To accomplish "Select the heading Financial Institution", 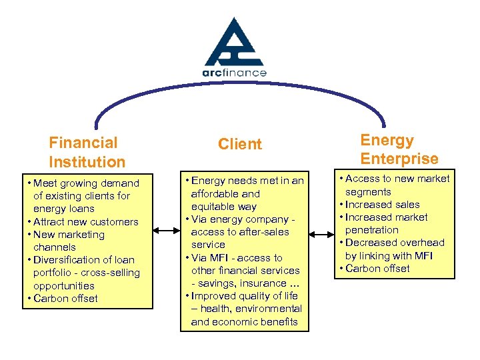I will pyautogui.click(x=87, y=152).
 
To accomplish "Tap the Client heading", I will pyautogui.click(x=240, y=144).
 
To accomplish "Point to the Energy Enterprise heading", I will pyautogui.click(x=399, y=149).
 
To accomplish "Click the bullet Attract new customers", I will pyautogui.click(x=81, y=222).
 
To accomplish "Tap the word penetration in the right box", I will pyautogui.click(x=372, y=230).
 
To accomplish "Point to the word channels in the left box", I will pyautogui.click(x=54, y=247).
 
